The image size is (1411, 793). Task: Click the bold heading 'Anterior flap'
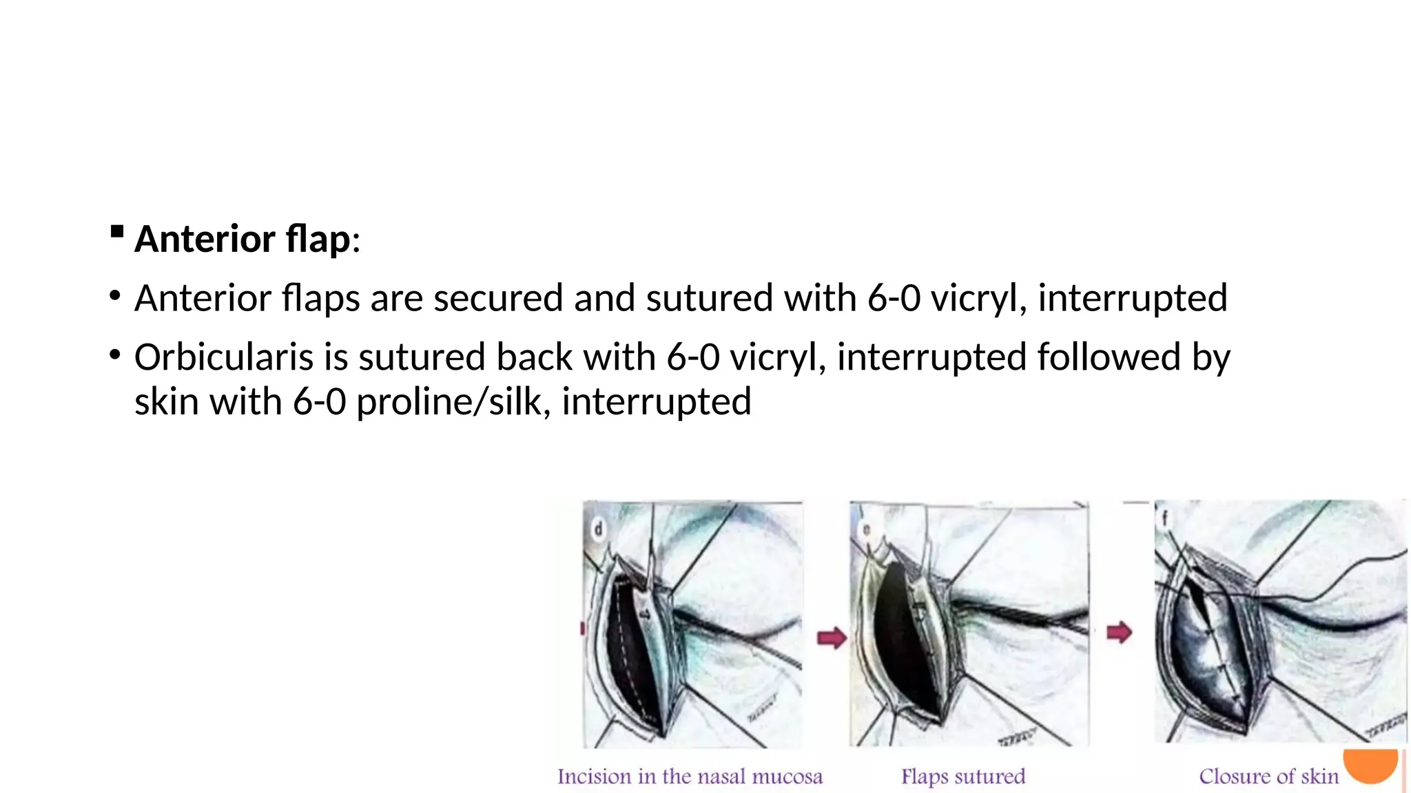(x=243, y=240)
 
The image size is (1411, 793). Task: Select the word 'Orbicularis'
(x=223, y=357)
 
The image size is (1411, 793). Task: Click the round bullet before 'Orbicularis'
(x=115, y=355)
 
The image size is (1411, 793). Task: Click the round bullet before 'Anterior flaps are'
(x=115, y=296)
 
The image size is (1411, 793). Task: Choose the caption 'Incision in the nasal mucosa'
(x=690, y=777)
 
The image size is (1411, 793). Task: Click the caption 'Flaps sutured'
(x=963, y=777)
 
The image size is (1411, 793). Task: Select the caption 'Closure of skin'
(x=1269, y=777)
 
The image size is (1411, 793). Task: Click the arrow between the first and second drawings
(x=832, y=637)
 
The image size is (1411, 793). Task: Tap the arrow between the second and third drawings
(x=1119, y=632)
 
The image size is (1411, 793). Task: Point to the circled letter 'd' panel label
(x=598, y=529)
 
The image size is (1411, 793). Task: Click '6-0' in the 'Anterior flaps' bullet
(x=894, y=298)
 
